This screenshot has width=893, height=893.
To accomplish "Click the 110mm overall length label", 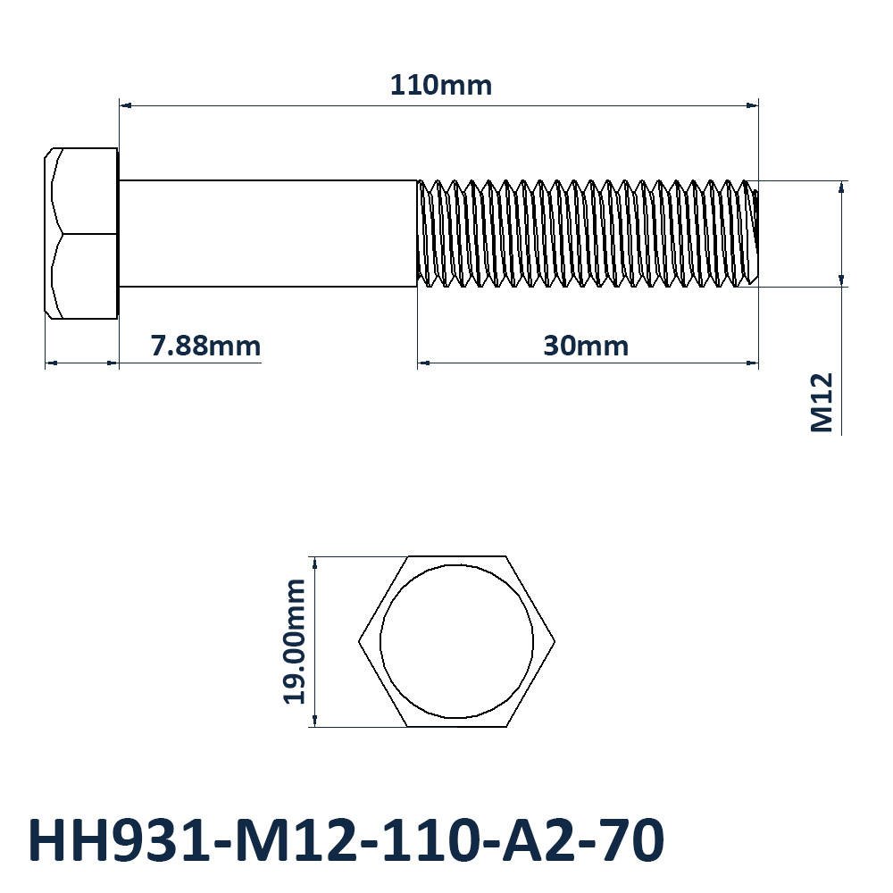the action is pyautogui.click(x=441, y=86).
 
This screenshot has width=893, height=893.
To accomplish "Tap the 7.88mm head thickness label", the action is pyautogui.click(x=205, y=346).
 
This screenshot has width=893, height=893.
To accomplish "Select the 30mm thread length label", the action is pyautogui.click(x=586, y=346).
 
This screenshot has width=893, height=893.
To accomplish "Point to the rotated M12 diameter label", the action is pyautogui.click(x=822, y=403).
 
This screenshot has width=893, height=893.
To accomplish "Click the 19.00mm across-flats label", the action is pyautogui.click(x=295, y=642).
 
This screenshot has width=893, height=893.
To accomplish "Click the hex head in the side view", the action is pyautogui.click(x=81, y=233).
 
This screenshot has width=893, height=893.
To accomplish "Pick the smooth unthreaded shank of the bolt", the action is pyautogui.click(x=268, y=233).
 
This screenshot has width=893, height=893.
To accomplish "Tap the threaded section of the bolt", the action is pyautogui.click(x=588, y=233).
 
